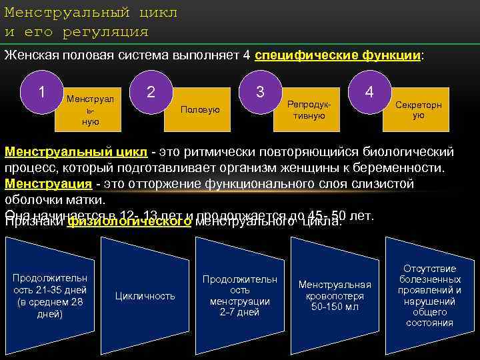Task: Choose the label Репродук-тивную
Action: click(x=309, y=110)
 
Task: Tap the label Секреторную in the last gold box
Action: click(x=418, y=110)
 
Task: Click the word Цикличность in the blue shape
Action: click(x=145, y=295)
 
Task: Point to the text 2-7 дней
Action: click(x=239, y=312)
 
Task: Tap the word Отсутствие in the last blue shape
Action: click(x=429, y=269)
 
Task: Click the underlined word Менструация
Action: click(x=47, y=183)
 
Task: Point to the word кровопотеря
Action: click(x=335, y=295)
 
